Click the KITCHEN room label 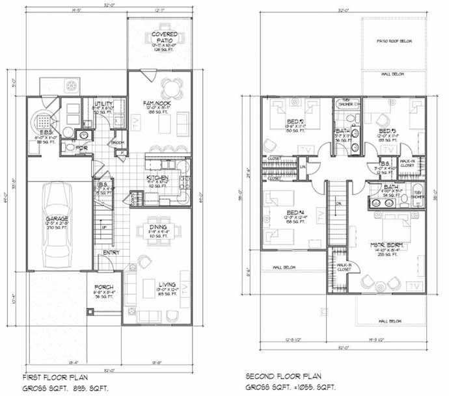pos(158,178)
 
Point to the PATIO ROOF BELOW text pos(392,41)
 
